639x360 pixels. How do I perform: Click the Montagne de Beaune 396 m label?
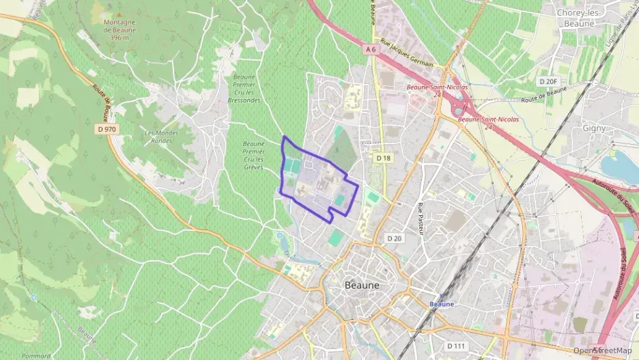click(x=119, y=29)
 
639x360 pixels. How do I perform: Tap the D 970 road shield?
click(x=106, y=128)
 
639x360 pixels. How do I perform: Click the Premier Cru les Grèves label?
click(x=253, y=155)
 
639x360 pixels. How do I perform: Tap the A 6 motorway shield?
click(x=371, y=49)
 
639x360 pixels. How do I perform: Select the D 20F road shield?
click(x=548, y=81)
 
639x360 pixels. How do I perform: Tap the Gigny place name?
click(x=594, y=128)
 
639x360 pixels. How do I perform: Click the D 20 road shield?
click(x=395, y=238)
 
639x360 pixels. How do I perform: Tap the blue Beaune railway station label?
click(x=442, y=303)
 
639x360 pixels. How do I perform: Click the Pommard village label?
click(x=35, y=355)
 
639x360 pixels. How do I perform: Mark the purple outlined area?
click(x=318, y=181)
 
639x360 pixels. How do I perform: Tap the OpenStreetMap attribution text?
click(x=603, y=350)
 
